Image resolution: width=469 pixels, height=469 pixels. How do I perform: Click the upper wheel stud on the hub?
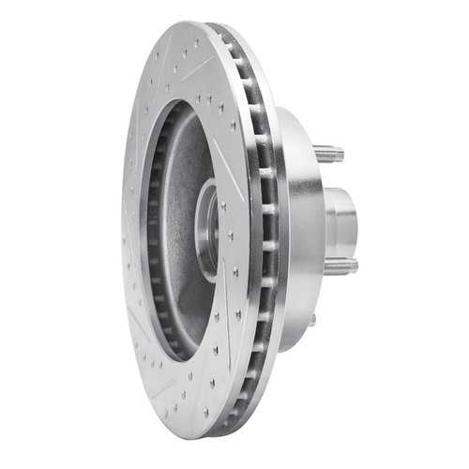click(x=329, y=153)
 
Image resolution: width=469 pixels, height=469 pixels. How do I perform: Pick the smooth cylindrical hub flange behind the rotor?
click(x=302, y=225)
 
